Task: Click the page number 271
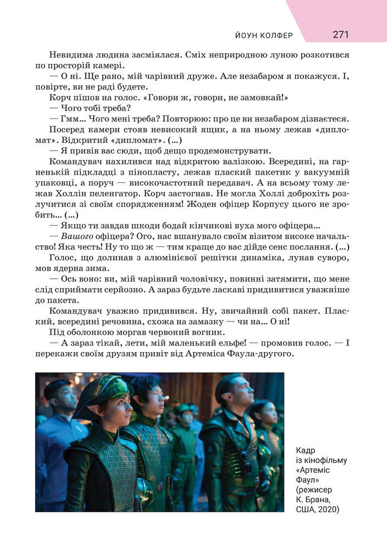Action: tap(341, 34)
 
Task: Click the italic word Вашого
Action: tap(78, 236)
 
